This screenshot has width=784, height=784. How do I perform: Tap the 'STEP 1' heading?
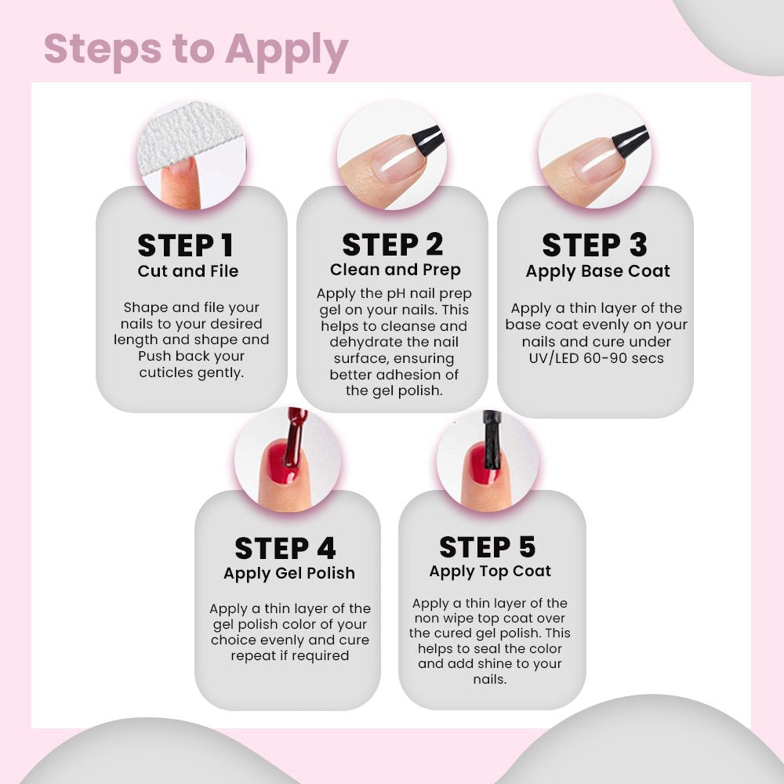186,245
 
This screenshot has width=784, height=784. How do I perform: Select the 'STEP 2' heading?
393,245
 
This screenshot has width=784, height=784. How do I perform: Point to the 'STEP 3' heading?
594,245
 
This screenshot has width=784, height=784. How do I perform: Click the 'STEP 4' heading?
285,549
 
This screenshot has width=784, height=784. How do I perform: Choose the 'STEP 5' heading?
488,546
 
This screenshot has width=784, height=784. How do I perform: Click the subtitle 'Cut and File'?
188,271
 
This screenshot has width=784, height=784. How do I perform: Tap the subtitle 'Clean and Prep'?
395,270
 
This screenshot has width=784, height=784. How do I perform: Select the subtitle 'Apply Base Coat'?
597,271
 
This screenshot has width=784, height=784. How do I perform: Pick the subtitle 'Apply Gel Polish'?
289,574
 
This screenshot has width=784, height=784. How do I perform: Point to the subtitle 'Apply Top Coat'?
490,572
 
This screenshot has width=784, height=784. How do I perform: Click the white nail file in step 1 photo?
189,135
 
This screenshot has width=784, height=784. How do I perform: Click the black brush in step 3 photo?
630,140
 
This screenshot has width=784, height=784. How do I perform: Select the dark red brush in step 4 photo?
295,437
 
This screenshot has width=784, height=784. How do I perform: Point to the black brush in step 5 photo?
492,440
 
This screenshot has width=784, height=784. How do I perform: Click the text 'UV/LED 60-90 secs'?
596,358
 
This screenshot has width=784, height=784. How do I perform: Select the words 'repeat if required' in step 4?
290,655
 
